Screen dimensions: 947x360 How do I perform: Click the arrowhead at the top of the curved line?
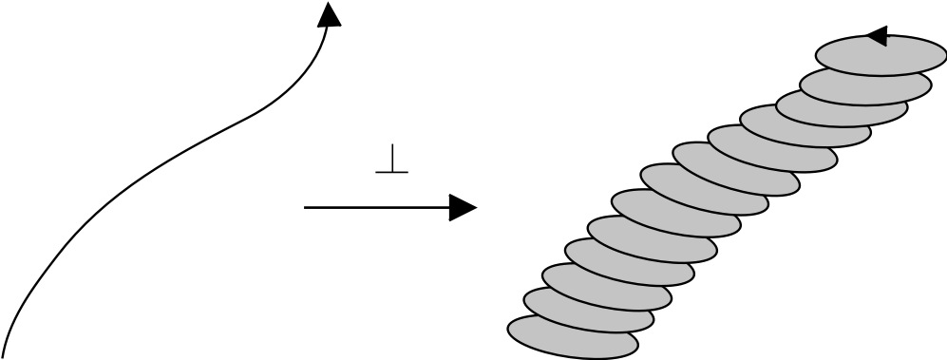coord(329,13)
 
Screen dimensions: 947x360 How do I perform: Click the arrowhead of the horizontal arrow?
coord(462,208)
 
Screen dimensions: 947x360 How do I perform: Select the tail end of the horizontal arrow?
coord(306,208)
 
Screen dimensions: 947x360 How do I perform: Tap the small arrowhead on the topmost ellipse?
coord(877,37)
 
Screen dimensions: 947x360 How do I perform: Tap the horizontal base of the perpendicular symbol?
coord(391,171)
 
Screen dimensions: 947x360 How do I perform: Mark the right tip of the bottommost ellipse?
coord(637,346)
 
